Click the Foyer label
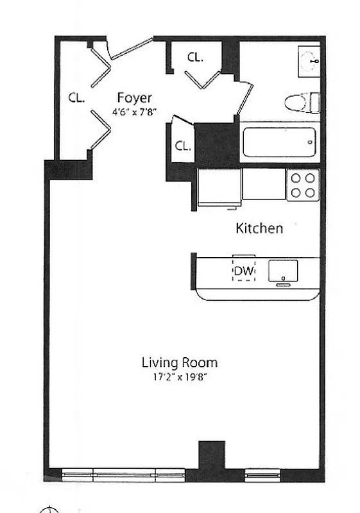pyautogui.click(x=134, y=98)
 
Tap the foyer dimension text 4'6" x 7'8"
pyautogui.click(x=134, y=114)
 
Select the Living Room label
pyautogui.click(x=179, y=362)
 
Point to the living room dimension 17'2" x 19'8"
pyautogui.click(x=179, y=377)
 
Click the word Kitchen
pyautogui.click(x=259, y=228)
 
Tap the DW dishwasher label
pyautogui.click(x=243, y=271)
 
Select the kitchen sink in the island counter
pyautogui.click(x=282, y=271)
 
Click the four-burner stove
pyautogui.click(x=302, y=185)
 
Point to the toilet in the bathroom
pyautogui.click(x=301, y=102)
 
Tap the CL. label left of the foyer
pyautogui.click(x=78, y=98)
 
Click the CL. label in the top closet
pyautogui.click(x=195, y=57)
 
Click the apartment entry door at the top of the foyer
pyautogui.click(x=132, y=50)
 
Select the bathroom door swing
pyautogui.click(x=244, y=99)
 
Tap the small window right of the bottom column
pyautogui.click(x=259, y=475)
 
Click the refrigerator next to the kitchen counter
pyautogui.click(x=219, y=187)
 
